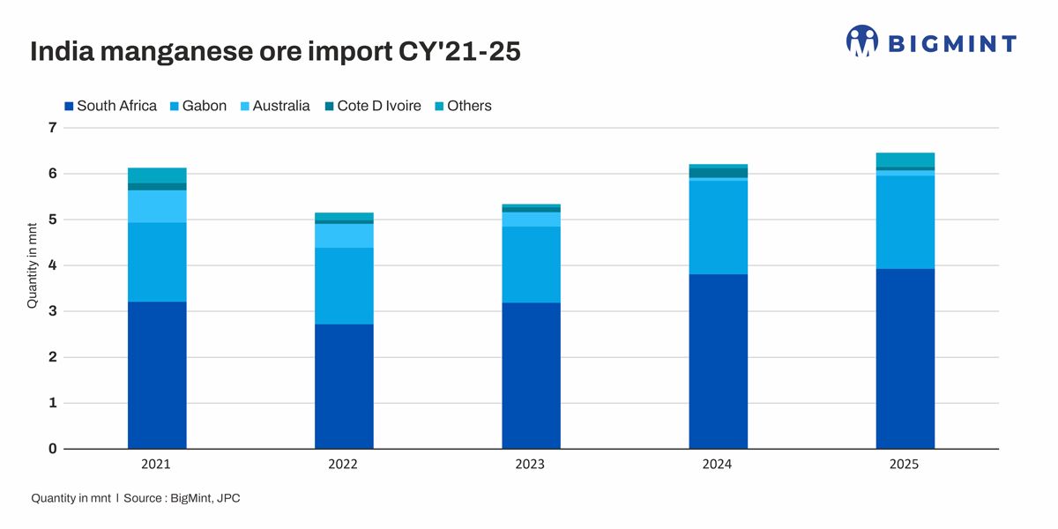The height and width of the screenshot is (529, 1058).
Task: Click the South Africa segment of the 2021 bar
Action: point(157,375)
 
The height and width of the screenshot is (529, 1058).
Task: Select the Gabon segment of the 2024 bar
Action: point(718,227)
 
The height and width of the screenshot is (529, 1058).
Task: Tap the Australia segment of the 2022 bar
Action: point(344,235)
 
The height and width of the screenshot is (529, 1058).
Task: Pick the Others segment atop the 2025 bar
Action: point(905,160)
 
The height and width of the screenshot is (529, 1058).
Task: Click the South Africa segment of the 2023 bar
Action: point(531,376)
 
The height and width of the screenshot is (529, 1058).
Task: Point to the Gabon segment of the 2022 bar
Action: point(344,286)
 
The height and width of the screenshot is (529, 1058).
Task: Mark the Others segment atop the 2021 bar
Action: point(157,175)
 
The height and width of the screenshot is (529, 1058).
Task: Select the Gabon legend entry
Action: point(197,106)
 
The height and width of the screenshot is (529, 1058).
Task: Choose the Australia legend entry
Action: point(274,106)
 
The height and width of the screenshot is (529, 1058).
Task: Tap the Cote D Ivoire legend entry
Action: point(372,106)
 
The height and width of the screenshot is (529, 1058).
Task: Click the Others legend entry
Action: point(462,106)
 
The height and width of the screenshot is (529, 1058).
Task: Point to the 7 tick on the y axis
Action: point(52,128)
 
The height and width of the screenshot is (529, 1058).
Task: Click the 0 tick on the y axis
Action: point(52,449)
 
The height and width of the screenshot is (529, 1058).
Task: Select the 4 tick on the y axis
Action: point(52,265)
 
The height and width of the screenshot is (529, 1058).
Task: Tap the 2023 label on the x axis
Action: point(531,465)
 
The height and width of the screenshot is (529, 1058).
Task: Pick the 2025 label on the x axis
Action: point(905,465)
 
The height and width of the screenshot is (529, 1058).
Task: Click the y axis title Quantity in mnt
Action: point(33,264)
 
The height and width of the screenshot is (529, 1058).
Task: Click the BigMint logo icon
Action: point(861,41)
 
